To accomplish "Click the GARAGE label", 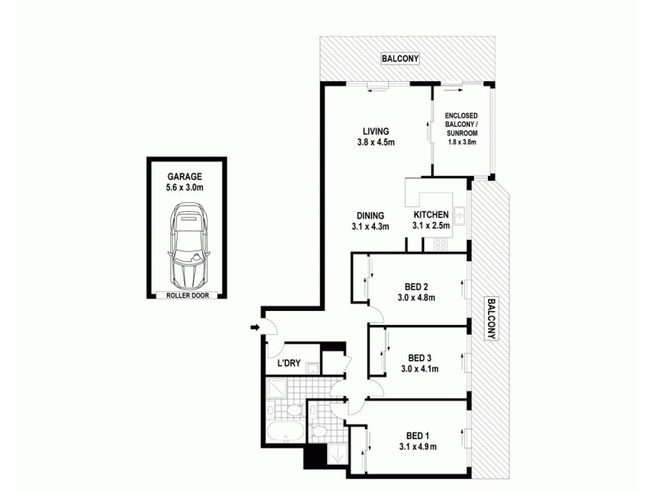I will [x=185, y=176].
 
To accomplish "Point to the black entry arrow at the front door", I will [x=255, y=328].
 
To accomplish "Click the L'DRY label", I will [x=287, y=363].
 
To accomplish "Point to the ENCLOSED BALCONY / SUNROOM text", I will [x=461, y=128].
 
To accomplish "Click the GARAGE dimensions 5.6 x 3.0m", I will [x=185, y=187].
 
